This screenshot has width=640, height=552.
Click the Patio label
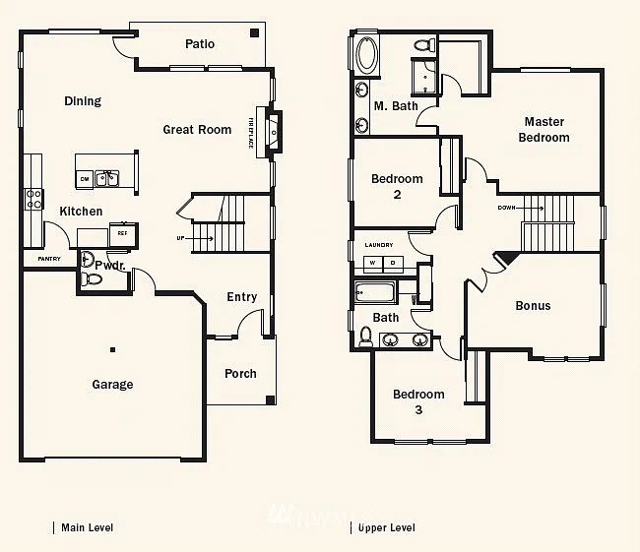click(200, 44)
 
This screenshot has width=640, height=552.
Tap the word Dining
click(83, 101)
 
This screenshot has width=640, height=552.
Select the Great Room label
click(197, 130)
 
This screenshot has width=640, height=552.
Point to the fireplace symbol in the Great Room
click(275, 128)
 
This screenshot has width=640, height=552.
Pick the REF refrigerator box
click(123, 234)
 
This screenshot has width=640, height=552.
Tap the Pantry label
click(49, 259)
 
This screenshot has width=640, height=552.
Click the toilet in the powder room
click(93, 279)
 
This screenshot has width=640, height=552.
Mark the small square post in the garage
click(113, 349)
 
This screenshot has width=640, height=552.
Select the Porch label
click(240, 374)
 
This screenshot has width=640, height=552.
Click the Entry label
click(241, 297)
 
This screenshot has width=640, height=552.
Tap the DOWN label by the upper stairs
click(506, 209)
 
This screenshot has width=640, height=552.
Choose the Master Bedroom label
click(544, 130)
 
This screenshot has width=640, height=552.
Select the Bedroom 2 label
click(397, 186)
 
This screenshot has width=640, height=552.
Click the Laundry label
click(379, 245)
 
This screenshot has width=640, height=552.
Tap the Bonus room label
click(533, 306)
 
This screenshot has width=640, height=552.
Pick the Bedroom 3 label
click(418, 401)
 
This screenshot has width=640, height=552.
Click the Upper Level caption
click(386, 528)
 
